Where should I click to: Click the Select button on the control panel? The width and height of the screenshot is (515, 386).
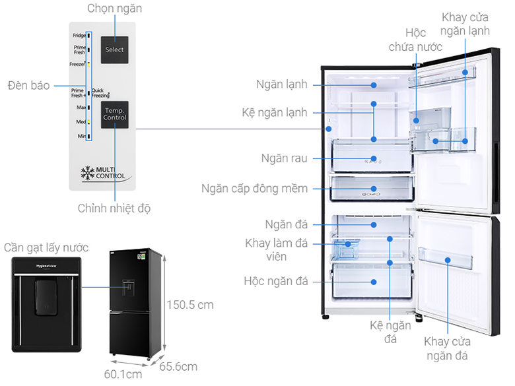(114, 49)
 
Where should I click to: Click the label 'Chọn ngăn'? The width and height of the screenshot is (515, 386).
(114, 9)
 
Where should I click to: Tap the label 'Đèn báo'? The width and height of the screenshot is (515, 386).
(28, 86)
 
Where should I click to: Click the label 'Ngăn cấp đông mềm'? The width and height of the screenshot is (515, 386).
(254, 189)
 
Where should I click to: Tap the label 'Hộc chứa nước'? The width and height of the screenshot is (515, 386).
(415, 40)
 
